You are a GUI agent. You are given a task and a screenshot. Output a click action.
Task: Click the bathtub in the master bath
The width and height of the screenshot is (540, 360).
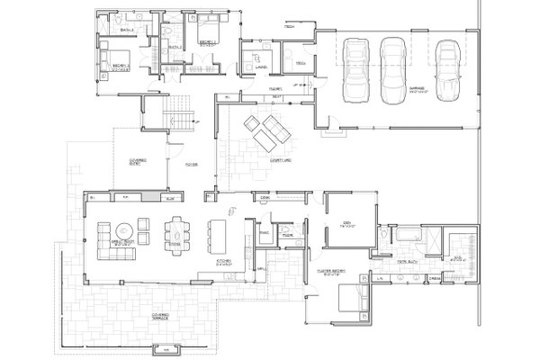point(404,236)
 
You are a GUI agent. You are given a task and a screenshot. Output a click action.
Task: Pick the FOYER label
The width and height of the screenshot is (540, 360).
point(191,165)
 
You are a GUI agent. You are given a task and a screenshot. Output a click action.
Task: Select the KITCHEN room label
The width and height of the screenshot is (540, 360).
point(227,262)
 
